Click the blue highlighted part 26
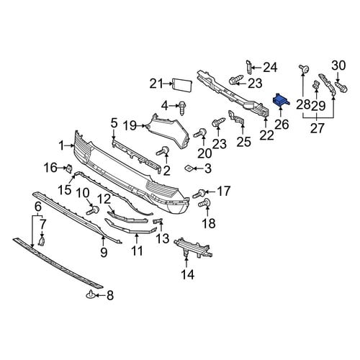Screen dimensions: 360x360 [281, 100]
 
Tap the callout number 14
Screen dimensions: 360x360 [188, 274]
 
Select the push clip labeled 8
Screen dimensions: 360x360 [91, 294]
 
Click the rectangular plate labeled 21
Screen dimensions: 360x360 [182, 86]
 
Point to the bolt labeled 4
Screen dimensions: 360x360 [182, 107]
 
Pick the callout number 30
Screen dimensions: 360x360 [338, 66]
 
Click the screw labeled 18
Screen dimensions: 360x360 [204, 203]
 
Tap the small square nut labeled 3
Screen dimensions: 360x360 [189, 168]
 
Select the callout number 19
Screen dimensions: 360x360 [130, 125]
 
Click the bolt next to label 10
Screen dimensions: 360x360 [93, 210]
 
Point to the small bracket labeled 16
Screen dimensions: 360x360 [68, 168]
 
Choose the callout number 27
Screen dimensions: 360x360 [318, 128]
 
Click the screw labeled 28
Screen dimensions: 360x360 [304, 69]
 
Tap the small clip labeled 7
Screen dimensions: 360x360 [42, 241]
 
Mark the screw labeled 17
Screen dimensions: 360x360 [199, 194]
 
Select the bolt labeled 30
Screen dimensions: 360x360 [341, 87]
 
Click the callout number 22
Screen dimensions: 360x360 [266, 135]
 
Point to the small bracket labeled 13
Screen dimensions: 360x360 [158, 221]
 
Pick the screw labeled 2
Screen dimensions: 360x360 [163, 151]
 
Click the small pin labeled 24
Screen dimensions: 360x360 [248, 66]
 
